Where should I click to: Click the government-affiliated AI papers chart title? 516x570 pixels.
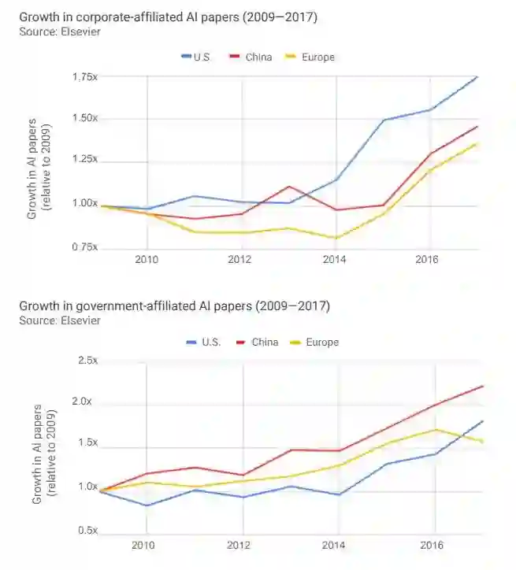[x=174, y=305]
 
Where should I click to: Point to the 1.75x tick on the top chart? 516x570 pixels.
[x=83, y=76]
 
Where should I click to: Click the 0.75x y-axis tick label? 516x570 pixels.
[x=83, y=247]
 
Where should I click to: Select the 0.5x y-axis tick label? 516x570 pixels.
[x=86, y=531]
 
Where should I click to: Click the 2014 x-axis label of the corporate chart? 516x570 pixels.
[x=336, y=259]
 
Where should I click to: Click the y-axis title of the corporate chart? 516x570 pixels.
[x=38, y=168]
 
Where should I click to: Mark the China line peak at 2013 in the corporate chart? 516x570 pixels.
[x=289, y=187]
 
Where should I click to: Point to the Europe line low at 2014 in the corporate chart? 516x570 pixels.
[x=336, y=238]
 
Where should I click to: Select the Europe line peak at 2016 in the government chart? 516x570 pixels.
[x=435, y=430]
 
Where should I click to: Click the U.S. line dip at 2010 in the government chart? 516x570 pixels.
[x=147, y=505]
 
